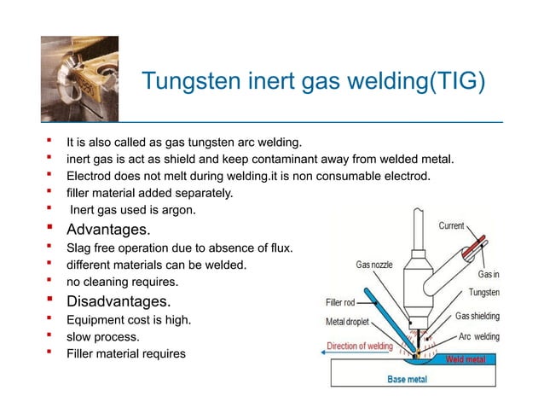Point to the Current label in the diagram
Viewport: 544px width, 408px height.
point(451,226)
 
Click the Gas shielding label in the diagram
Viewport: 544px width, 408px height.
point(477,316)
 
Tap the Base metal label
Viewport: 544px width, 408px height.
point(408,378)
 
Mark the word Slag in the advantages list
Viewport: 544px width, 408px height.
point(80,248)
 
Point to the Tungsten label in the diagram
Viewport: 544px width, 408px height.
point(483,293)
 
